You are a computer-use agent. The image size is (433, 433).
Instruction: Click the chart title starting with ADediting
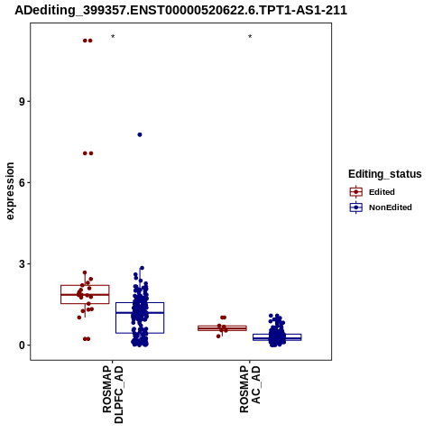181,10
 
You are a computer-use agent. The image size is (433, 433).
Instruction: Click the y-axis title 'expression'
10,191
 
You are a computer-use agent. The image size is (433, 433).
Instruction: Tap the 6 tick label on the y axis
22,183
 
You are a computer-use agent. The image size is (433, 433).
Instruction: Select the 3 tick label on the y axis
22,264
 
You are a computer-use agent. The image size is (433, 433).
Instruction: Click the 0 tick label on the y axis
22,345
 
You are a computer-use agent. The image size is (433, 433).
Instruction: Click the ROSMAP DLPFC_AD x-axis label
113,394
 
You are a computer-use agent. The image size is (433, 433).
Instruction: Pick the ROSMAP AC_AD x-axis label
250,390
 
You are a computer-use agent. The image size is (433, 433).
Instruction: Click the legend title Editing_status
385,174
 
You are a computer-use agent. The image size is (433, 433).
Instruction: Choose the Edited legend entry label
382,192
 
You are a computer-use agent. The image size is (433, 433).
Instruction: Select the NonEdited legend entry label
391,207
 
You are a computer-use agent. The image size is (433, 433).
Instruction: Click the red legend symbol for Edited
356,191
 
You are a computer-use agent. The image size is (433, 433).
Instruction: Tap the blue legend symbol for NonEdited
356,207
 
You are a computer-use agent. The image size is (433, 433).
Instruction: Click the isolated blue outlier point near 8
140,134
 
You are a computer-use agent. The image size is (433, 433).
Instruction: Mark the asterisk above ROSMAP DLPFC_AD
113,37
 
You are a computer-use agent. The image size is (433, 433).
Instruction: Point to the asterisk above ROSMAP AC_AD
250,37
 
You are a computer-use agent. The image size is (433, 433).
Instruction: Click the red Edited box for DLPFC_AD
85,285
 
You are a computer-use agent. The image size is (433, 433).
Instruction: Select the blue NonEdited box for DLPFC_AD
140,303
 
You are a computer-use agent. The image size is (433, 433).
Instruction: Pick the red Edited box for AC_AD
222,326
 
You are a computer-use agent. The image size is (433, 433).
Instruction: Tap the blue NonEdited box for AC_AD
277,334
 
